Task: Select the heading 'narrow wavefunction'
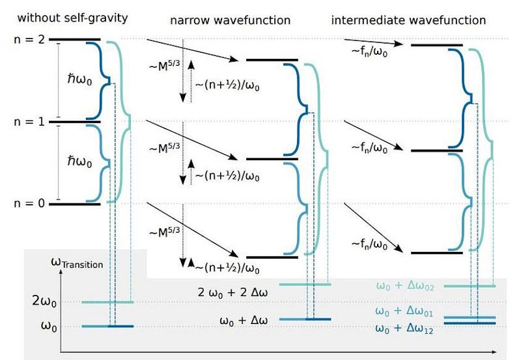pos(230,20)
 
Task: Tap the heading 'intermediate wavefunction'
pos(409,20)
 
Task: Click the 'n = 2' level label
pos(28,39)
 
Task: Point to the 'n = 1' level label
pos(28,122)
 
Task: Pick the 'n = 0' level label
pos(28,204)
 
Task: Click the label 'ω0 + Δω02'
pos(406,286)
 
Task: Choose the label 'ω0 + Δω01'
pos(406,310)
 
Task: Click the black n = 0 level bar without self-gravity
pos(74,204)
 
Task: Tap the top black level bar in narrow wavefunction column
pos(272,60)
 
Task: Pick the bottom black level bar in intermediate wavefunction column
pos(437,253)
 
